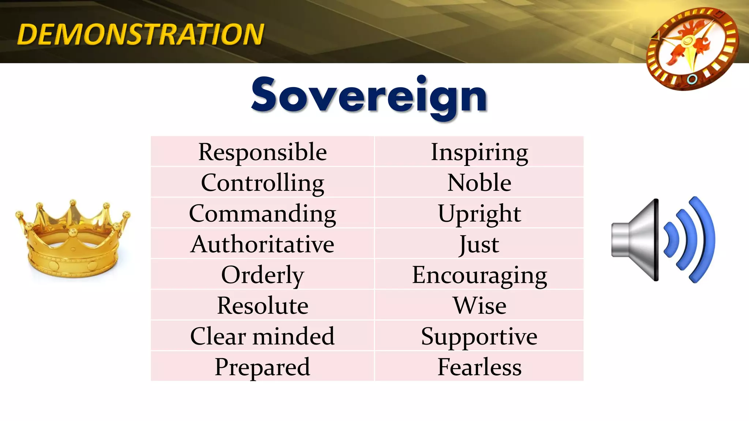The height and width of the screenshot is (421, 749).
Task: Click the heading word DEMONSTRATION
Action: (140, 34)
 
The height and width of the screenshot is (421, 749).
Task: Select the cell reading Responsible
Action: (262, 152)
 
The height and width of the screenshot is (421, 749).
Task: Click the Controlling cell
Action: (262, 183)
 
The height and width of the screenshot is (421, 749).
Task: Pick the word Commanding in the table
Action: (262, 213)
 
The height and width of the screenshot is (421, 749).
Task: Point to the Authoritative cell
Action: (262, 244)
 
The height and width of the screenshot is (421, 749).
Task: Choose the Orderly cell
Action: (262, 275)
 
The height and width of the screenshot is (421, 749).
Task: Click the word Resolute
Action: (262, 306)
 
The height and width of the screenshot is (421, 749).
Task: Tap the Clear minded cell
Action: (262, 336)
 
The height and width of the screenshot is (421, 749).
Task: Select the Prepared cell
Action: (262, 367)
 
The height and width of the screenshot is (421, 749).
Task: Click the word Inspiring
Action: (479, 152)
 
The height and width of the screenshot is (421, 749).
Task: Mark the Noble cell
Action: (479, 183)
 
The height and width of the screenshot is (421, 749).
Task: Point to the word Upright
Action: (479, 213)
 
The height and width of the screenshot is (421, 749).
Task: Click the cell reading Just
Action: (479, 244)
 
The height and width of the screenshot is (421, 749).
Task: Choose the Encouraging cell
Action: (479, 275)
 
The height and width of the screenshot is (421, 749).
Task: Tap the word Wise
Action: (479, 306)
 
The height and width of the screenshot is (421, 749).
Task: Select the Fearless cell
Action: (479, 367)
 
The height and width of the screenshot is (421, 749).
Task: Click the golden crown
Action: (73, 241)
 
